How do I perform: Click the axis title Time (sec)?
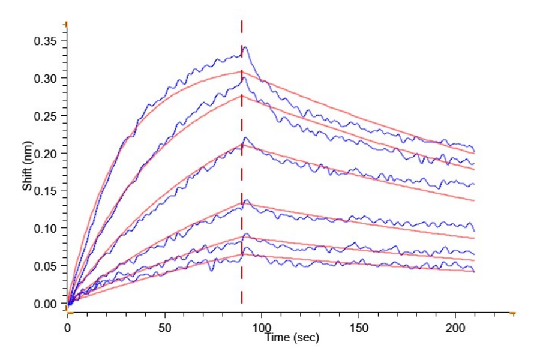(292, 338)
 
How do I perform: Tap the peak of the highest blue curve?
(244, 47)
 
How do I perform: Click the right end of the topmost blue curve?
(474, 150)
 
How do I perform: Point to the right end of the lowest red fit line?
(474, 272)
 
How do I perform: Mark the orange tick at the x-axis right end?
(512, 313)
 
